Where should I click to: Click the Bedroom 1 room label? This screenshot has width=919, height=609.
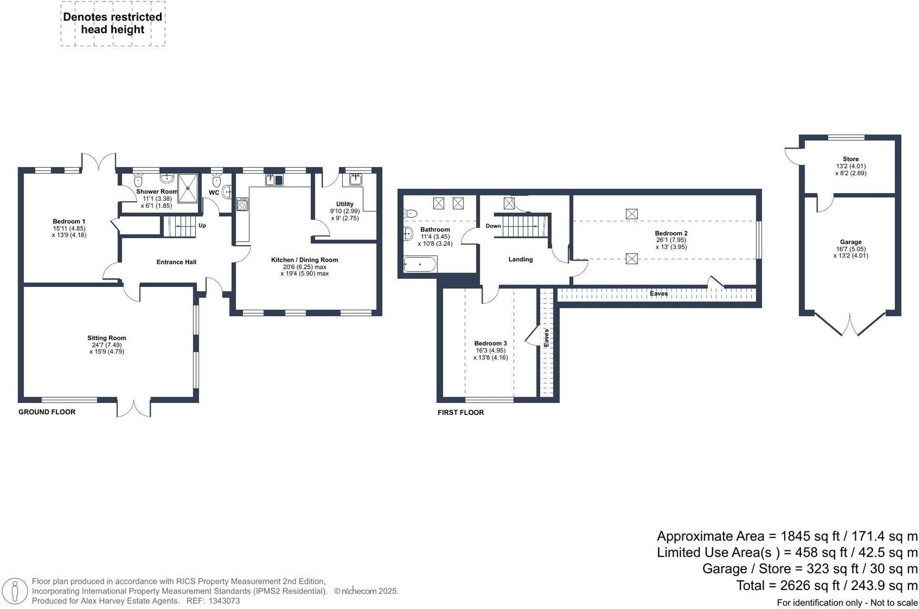coord(69,221)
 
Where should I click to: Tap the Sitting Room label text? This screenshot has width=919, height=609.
coord(107,338)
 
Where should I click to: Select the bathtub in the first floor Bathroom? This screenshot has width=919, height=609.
coord(420,264)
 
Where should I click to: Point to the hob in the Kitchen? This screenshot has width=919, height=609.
coord(242,204)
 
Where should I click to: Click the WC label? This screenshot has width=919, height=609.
coord(214,193)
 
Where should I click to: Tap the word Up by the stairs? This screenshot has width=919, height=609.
coord(202,226)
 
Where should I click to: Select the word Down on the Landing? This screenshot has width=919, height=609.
coord(493,226)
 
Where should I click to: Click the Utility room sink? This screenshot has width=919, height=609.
coord(356,179)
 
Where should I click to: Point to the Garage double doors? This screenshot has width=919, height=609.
coord(850,324)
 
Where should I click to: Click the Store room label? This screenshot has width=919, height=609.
coord(850,159)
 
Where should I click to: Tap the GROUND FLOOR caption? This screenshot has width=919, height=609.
coord(47,412)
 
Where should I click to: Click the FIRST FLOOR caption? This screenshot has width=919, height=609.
coord(460,413)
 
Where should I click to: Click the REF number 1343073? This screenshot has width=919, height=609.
coord(224,601)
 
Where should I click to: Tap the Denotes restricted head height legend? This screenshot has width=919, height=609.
coord(113,23)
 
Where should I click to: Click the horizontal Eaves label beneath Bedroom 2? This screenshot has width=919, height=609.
coord(659,294)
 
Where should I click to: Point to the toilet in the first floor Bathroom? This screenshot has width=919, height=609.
coord(410,213)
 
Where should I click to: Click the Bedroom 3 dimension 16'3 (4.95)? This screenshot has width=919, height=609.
coord(490,351)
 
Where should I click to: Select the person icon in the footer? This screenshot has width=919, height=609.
coord(15,591)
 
